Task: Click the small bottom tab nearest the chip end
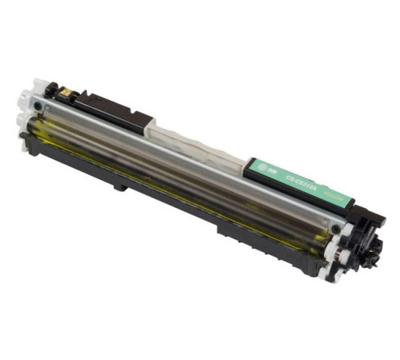pos(120,187)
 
